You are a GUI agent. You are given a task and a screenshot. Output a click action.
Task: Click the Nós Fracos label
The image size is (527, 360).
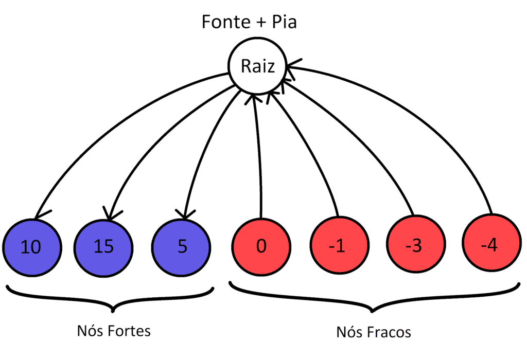[x=374, y=332]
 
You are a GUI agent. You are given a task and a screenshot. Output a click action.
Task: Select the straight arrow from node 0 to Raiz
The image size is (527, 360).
[x=260, y=154]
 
